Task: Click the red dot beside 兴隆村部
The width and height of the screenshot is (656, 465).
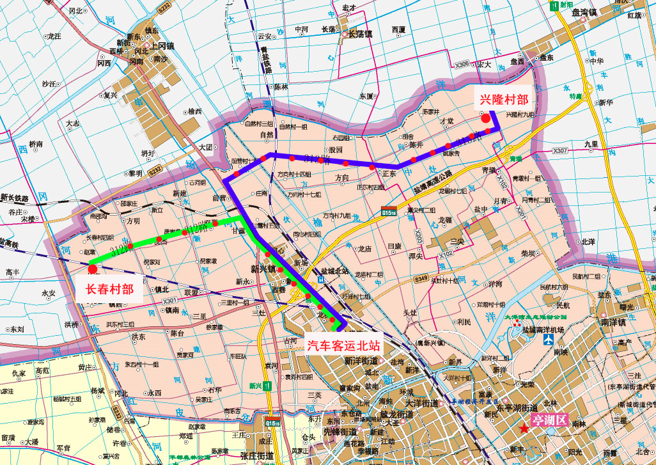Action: click(486, 117)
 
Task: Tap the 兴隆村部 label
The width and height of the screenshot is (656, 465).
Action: click(504, 99)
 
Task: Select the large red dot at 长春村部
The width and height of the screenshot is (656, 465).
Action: click(93, 270)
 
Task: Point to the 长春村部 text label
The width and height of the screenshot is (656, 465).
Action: click(110, 289)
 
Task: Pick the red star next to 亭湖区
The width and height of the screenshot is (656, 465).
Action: click(525, 429)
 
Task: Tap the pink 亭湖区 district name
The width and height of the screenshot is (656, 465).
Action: click(552, 420)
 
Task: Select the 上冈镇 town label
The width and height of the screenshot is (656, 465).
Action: click(162, 45)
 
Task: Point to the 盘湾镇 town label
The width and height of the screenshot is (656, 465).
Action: click(584, 12)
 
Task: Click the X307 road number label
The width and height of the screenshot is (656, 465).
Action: click(559, 151)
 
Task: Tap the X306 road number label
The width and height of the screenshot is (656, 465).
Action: click(462, 65)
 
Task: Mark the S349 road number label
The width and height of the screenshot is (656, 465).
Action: click(421, 279)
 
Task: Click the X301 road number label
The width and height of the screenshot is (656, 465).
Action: click(169, 301)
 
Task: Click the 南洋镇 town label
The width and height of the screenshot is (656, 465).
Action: click(613, 324)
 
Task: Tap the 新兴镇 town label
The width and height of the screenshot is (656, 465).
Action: click(263, 269)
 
